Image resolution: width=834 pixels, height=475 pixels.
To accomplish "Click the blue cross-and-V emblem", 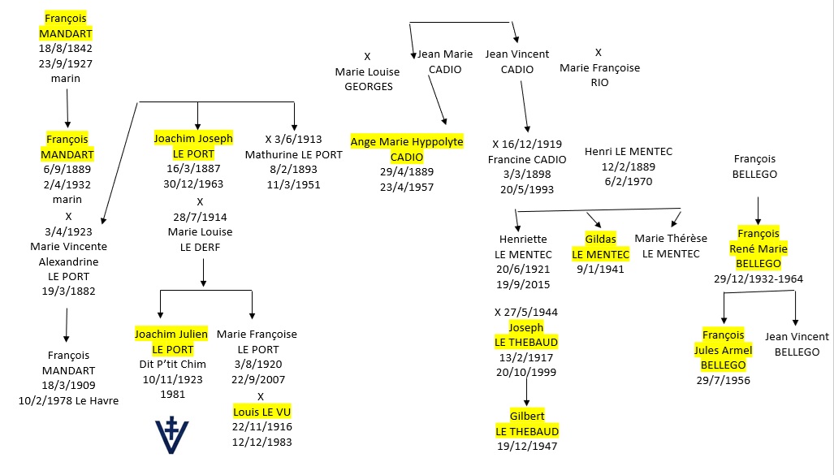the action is pyautogui.click(x=172, y=436).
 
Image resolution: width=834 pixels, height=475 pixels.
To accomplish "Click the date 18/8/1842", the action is pyautogui.click(x=66, y=49).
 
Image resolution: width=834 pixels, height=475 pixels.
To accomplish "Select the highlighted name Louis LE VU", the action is pyautogui.click(x=261, y=412).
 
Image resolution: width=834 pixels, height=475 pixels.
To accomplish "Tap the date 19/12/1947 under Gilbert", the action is pyautogui.click(x=527, y=447).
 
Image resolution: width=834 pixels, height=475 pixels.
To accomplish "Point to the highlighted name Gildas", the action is pyautogui.click(x=600, y=239).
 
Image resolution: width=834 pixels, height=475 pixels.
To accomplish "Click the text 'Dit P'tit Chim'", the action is pyautogui.click(x=172, y=365).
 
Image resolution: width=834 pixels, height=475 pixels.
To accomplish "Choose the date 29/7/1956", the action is pyautogui.click(x=724, y=380).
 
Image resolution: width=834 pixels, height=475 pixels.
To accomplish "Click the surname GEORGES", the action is pyautogui.click(x=369, y=87).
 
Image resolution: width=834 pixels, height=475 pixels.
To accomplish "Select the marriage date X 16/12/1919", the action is pyautogui.click(x=527, y=145).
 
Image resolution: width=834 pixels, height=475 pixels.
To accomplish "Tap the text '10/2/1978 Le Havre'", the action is pyautogui.click(x=68, y=400).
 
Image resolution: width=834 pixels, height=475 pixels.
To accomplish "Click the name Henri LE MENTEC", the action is pyautogui.click(x=629, y=152).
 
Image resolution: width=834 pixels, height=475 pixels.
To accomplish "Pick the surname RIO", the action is pyautogui.click(x=599, y=83).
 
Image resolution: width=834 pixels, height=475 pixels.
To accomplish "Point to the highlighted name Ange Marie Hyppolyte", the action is pyautogui.click(x=407, y=141).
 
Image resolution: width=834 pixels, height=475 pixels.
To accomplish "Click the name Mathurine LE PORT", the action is pyautogui.click(x=294, y=155).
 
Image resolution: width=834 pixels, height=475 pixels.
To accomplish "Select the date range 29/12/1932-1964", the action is pyautogui.click(x=758, y=279).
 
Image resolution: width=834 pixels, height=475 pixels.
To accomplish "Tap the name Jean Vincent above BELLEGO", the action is pyautogui.click(x=797, y=337).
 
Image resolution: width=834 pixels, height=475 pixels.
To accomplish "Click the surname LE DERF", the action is pyautogui.click(x=200, y=248).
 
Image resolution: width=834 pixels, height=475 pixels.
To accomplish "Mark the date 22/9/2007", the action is pyautogui.click(x=258, y=380).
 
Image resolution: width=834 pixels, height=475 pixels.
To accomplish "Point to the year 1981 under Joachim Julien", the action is pyautogui.click(x=172, y=394).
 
